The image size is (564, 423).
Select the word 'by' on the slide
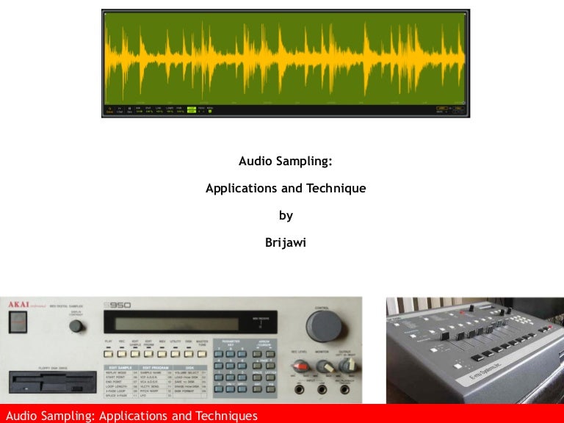click(286, 215)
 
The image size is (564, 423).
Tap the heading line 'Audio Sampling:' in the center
click(286, 162)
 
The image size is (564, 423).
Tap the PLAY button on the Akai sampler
click(109, 353)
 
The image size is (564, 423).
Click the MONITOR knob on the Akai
click(320, 365)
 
